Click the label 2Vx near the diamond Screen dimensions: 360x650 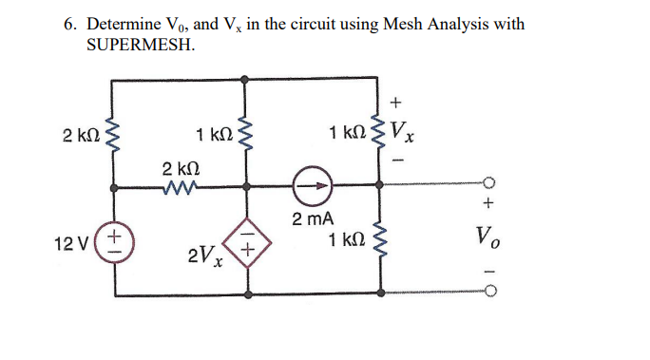[x=202, y=255]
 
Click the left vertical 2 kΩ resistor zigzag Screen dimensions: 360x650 [x=116, y=134]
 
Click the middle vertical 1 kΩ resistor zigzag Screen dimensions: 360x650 [x=248, y=134]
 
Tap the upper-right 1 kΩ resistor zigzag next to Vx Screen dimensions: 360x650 [x=382, y=134]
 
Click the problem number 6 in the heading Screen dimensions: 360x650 [x=70, y=24]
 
